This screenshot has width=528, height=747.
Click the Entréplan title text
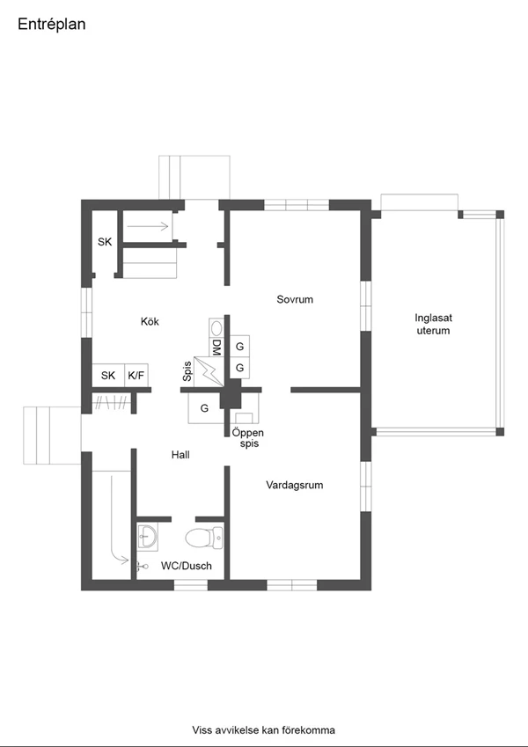[x=51, y=25]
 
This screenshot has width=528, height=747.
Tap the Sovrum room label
[x=295, y=299]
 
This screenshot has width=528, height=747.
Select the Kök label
[x=150, y=321]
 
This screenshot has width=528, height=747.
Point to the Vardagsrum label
[x=295, y=485]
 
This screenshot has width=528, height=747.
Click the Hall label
[x=180, y=455]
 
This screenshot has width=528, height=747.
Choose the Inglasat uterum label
[x=433, y=324]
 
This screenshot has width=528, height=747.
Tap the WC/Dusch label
[x=187, y=566]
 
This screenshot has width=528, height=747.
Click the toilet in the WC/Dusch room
[x=204, y=538]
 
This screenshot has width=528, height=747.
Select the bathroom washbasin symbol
[x=147, y=537]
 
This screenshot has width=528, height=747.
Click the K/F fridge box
[x=136, y=376]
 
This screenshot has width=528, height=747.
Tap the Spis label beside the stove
[x=187, y=371]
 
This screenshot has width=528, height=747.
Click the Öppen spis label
[x=248, y=438]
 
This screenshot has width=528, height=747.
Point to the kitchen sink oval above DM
[x=216, y=328]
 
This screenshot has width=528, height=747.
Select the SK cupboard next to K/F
[x=108, y=376]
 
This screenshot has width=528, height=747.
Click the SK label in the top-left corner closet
[x=105, y=242]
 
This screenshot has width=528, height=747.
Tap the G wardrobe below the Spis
[x=204, y=408]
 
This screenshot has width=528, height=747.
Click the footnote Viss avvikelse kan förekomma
[x=263, y=730]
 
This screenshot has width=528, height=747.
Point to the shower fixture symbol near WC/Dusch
[x=142, y=566]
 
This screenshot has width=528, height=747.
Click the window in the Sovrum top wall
[x=297, y=205]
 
